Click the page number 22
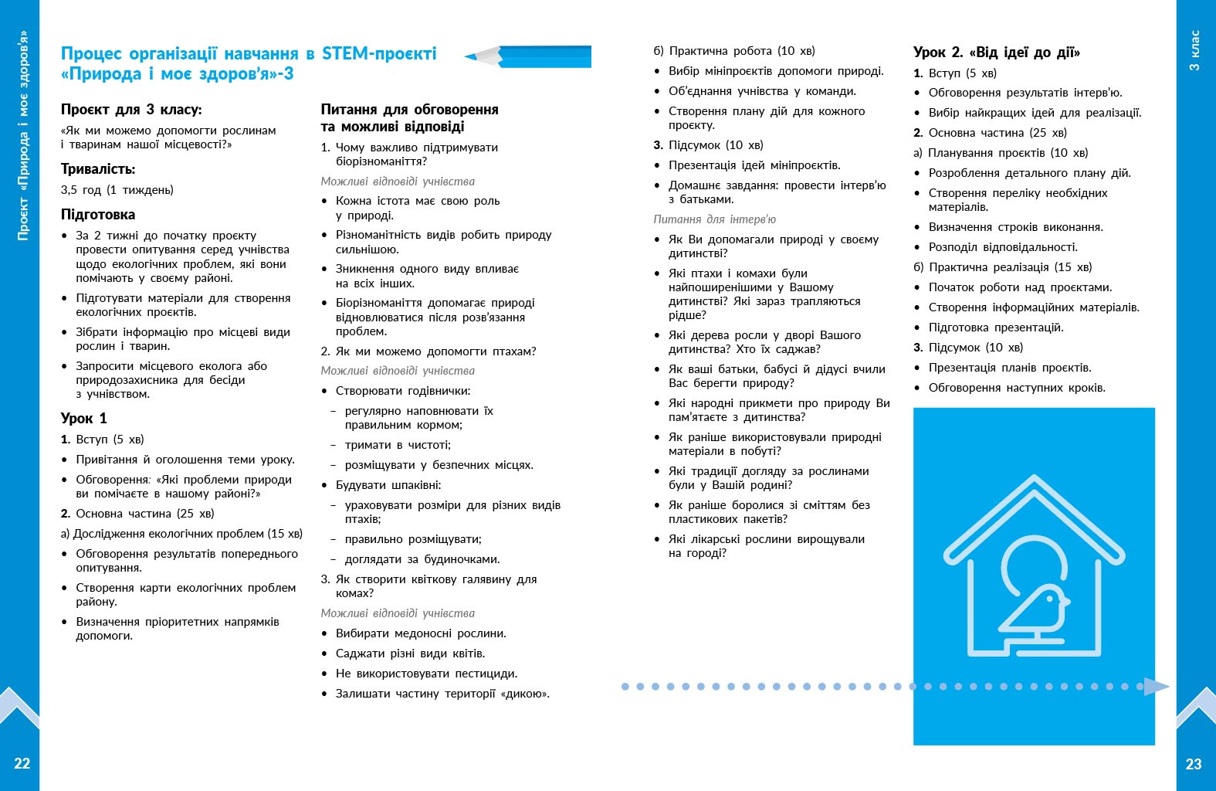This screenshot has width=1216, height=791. (x=22, y=763)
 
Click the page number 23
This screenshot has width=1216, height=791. (x=1194, y=764)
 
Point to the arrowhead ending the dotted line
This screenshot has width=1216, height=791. (x=1156, y=686)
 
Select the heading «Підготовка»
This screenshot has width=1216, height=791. (x=98, y=215)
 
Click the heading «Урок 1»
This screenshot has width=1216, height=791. (x=83, y=419)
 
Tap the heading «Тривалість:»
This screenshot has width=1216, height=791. (x=98, y=169)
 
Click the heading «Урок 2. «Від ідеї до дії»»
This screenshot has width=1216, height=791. (x=996, y=53)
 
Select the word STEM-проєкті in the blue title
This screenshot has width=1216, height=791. (x=379, y=53)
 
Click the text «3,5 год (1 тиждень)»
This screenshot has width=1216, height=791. (x=117, y=190)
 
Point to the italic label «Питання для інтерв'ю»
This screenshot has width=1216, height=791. (x=714, y=219)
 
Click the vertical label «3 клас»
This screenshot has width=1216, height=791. (x=1194, y=51)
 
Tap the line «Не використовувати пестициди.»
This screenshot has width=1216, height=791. (x=426, y=674)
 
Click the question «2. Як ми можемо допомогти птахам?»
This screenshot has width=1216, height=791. (x=428, y=351)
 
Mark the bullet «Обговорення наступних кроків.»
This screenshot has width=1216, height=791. (x=1017, y=388)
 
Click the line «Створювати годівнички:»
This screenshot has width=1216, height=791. (x=403, y=391)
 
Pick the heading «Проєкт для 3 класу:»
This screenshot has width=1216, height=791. (x=131, y=110)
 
